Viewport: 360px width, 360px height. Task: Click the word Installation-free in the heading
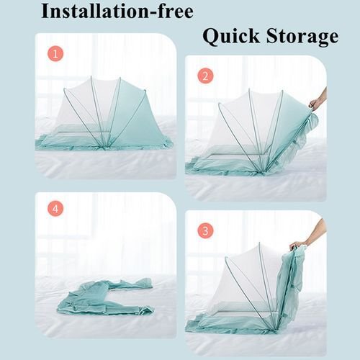[117, 11]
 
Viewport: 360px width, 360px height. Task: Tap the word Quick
[231, 37]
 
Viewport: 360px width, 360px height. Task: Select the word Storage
[302, 37]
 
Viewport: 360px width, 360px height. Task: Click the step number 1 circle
[55, 53]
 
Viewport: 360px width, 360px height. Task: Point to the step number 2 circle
[205, 76]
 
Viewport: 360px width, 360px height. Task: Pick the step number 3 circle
[205, 231]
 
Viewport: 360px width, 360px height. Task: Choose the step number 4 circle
[55, 208]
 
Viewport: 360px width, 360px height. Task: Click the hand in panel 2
[318, 101]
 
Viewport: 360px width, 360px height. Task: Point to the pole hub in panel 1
[104, 147]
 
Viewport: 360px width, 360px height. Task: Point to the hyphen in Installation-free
[154, 12]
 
